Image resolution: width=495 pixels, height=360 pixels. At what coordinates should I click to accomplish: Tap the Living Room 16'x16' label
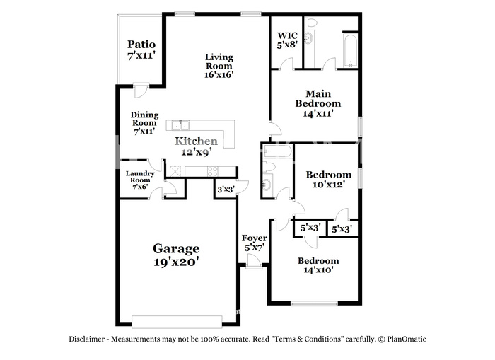click(x=219, y=65)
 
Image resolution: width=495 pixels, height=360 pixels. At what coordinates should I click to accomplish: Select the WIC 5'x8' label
click(x=287, y=39)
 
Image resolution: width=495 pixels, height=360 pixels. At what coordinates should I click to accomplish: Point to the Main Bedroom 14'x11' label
click(x=318, y=103)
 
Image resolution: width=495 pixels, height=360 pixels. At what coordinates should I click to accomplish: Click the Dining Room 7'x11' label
click(x=144, y=122)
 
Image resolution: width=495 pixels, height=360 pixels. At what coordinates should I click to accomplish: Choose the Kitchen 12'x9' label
click(x=197, y=146)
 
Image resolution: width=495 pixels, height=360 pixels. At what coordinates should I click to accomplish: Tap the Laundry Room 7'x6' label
click(x=140, y=180)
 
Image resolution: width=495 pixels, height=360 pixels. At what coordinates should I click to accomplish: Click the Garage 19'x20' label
click(x=176, y=255)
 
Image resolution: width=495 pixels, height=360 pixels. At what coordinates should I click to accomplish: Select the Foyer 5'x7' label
click(x=255, y=243)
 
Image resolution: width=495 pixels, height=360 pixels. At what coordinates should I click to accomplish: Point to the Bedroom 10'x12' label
click(x=328, y=180)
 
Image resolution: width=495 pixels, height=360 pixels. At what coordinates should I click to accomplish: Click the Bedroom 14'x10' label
click(x=318, y=265)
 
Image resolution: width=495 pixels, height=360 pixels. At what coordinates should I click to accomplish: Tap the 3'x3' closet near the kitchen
click(x=226, y=189)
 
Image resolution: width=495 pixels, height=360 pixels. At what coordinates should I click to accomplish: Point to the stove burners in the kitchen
click(x=212, y=170)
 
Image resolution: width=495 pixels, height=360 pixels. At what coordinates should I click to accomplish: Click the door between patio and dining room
click(x=140, y=91)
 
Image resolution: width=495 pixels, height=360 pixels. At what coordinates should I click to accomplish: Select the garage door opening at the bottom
click(x=176, y=321)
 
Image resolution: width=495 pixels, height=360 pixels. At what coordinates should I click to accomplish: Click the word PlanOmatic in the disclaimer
click(x=406, y=339)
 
